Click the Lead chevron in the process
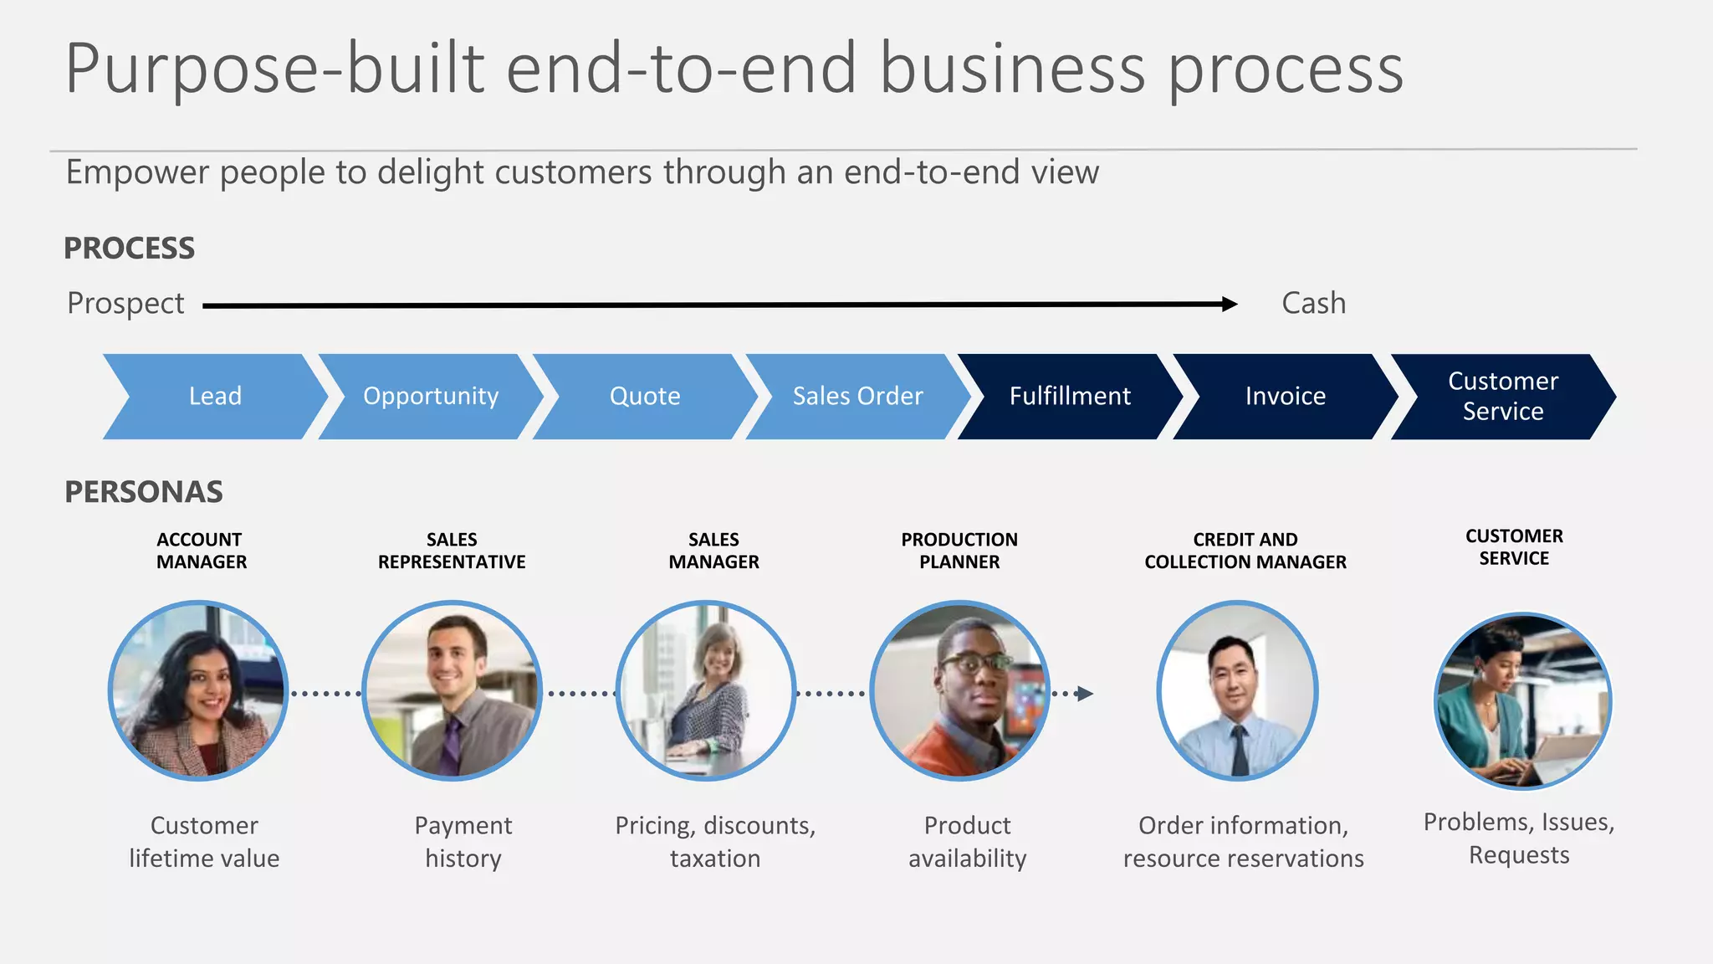(215, 396)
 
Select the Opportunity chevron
(431, 396)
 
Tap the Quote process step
(645, 396)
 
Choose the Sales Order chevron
(858, 396)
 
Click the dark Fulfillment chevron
(1070, 396)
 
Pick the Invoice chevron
(1286, 396)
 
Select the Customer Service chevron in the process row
(1503, 396)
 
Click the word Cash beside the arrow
(1313, 303)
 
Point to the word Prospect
(125, 303)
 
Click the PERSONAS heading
(144, 492)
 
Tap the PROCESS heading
(129, 249)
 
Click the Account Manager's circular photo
(199, 690)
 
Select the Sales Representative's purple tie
(452, 745)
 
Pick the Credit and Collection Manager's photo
(1237, 690)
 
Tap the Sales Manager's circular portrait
(706, 690)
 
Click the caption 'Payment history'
(463, 842)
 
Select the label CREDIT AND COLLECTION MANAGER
(1245, 551)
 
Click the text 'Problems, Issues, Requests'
(1519, 838)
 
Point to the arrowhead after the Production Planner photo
(1085, 694)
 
